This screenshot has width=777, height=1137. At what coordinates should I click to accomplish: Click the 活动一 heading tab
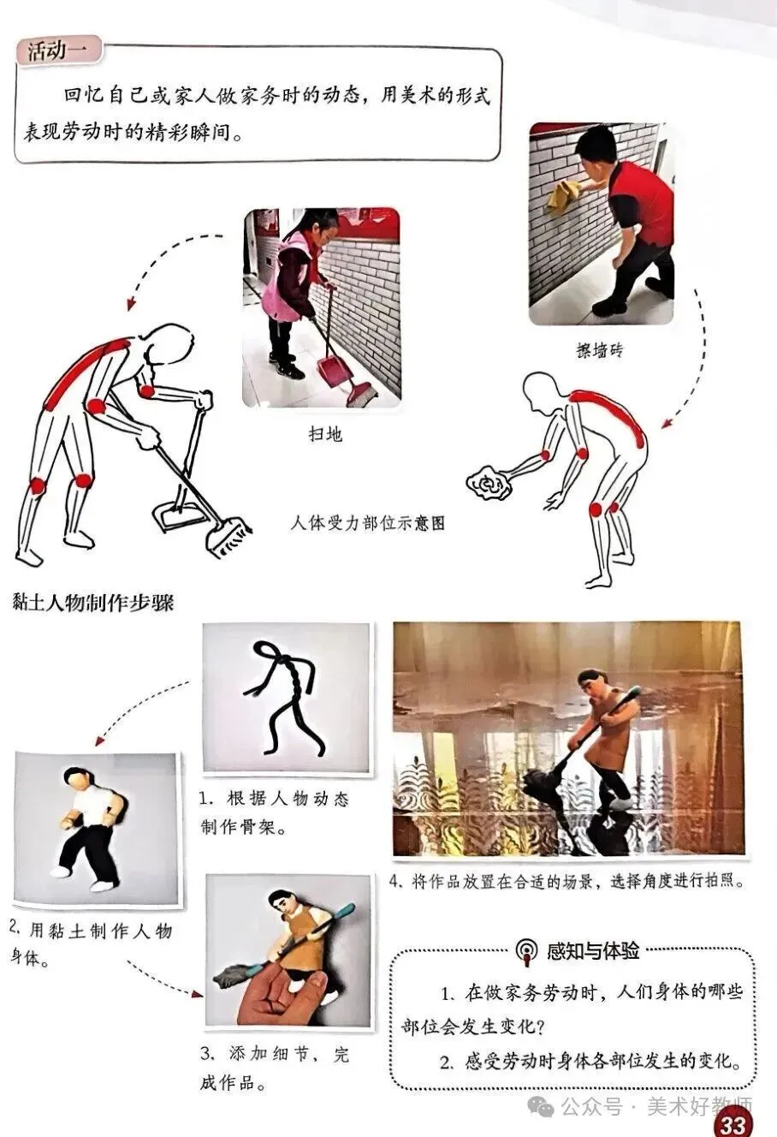[57, 51]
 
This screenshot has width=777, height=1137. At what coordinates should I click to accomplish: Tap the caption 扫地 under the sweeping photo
[325, 434]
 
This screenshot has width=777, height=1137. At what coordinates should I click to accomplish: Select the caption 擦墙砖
[599, 350]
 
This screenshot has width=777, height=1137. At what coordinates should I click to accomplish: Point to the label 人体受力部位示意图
[368, 523]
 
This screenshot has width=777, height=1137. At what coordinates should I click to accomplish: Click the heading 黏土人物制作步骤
[92, 603]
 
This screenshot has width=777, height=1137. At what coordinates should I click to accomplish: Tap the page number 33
[733, 1124]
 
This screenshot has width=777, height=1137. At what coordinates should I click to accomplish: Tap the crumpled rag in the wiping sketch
[488, 482]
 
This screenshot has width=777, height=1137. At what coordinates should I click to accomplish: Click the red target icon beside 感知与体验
[527, 951]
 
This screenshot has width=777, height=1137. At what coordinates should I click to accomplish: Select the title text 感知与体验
[593, 950]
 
